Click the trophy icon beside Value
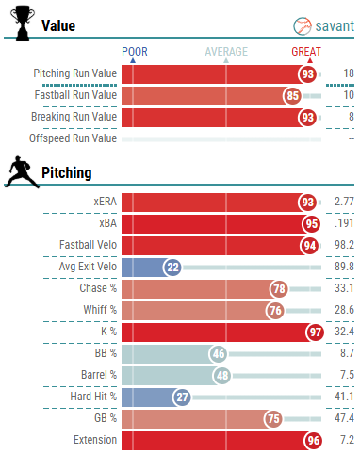tap(23, 24)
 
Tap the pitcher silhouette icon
tap(23, 172)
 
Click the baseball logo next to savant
tap(303, 26)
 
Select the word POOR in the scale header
tap(135, 52)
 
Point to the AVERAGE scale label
tap(226, 52)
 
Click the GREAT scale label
tap(306, 52)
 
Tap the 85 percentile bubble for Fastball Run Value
tap(292, 96)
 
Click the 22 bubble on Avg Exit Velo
tap(172, 268)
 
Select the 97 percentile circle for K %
tap(315, 332)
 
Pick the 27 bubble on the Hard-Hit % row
tap(182, 397)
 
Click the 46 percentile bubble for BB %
tap(219, 354)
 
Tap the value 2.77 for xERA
tap(344, 202)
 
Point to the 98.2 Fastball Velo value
tap(344, 245)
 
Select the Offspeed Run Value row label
tap(73, 138)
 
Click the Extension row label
tap(95, 440)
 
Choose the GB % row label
tap(106, 418)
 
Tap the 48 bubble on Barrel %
tap(222, 376)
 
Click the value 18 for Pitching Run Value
tap(349, 73)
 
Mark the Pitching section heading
tap(67, 173)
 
